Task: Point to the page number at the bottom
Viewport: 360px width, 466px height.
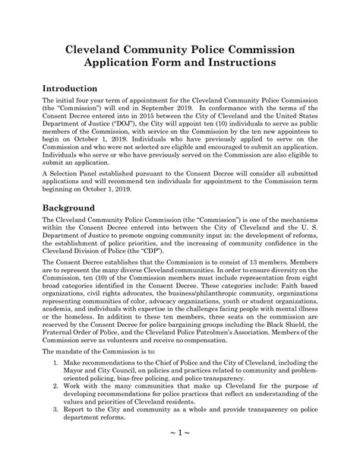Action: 180,453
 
